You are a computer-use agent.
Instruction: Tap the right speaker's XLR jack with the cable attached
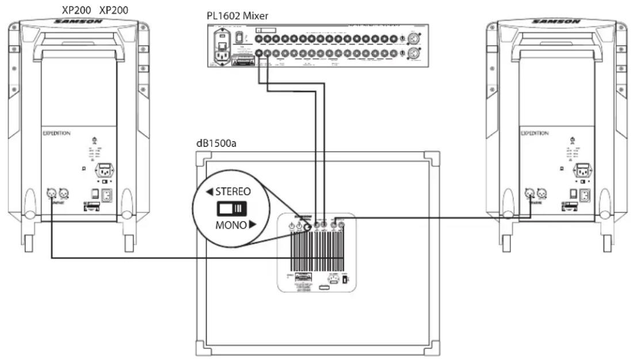tap(529, 194)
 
